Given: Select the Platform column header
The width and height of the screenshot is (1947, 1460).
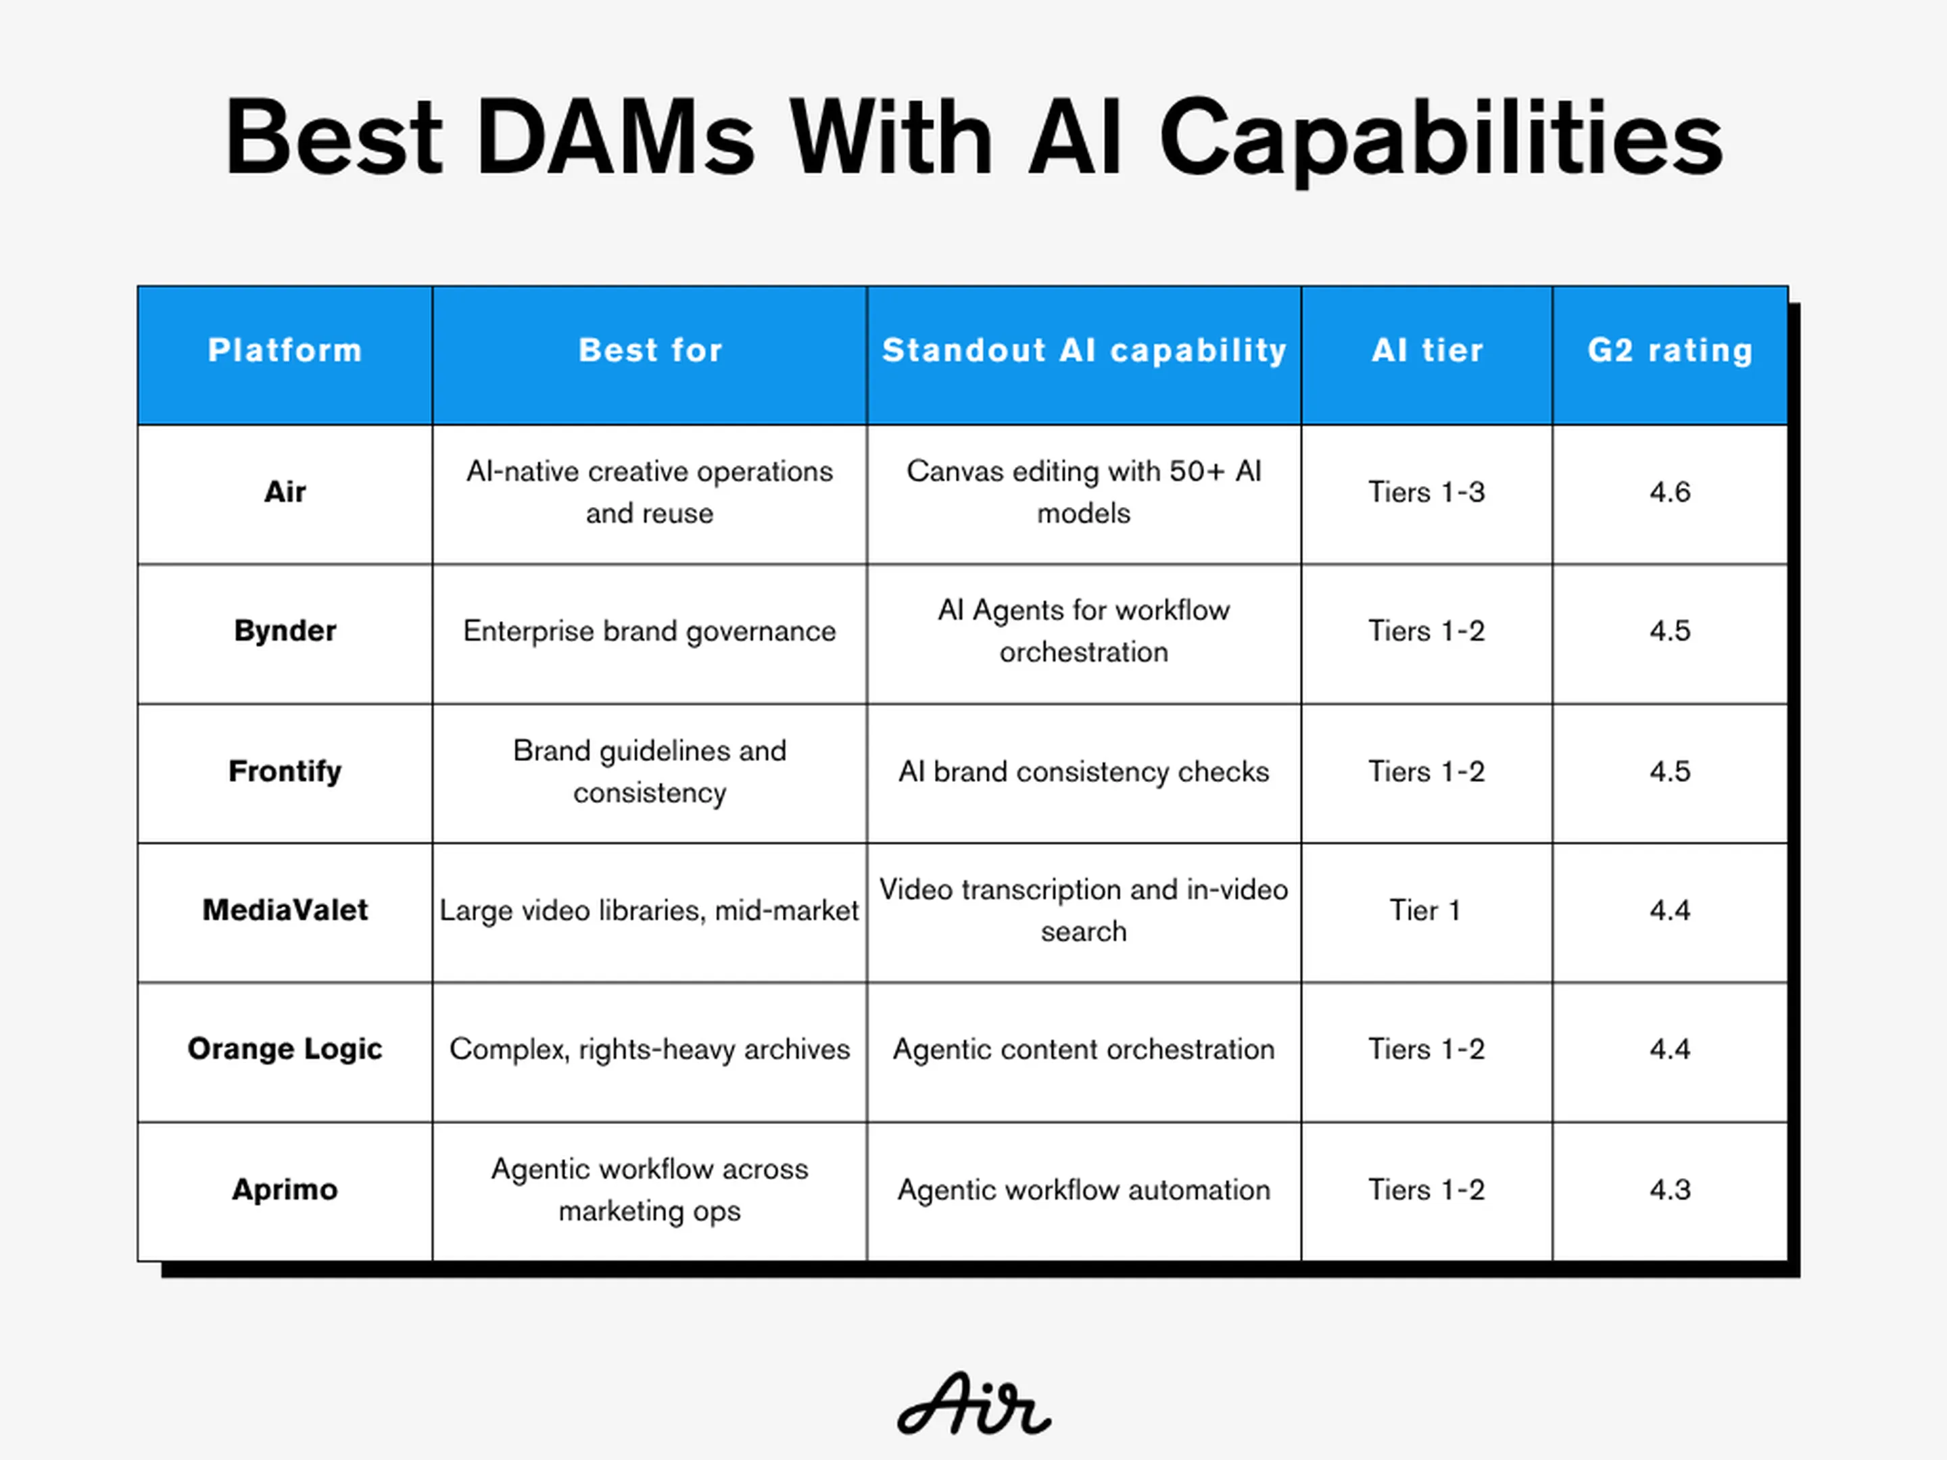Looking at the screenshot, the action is point(285,350).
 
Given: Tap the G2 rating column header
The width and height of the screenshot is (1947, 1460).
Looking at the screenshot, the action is point(1670,350).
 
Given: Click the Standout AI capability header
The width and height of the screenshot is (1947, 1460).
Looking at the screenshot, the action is point(1084,350).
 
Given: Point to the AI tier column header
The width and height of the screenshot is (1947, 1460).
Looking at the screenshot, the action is point(1427,350).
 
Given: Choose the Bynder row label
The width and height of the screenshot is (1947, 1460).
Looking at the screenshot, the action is point(285,631).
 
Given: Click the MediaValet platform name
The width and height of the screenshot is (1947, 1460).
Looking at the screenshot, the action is point(285,910).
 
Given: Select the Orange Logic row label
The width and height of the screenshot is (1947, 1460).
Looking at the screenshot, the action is point(285,1049).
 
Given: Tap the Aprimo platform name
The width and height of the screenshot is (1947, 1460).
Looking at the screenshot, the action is point(285,1190).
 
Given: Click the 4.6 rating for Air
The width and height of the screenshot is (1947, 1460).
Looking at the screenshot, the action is point(1670,492).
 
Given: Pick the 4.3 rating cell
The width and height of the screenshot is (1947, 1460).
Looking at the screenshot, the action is point(1670,1190).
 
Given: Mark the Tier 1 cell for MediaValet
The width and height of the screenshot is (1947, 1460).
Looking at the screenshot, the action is point(1426,910).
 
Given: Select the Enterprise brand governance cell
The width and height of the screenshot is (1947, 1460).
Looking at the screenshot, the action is point(650,632).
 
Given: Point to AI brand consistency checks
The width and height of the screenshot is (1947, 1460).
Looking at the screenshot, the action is point(1084,772).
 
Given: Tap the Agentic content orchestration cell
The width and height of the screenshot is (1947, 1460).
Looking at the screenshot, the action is point(1084,1049).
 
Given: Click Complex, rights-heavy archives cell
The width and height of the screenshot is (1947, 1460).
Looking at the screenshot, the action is point(650,1049).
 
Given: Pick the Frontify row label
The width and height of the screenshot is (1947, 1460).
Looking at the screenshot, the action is point(285,772).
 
